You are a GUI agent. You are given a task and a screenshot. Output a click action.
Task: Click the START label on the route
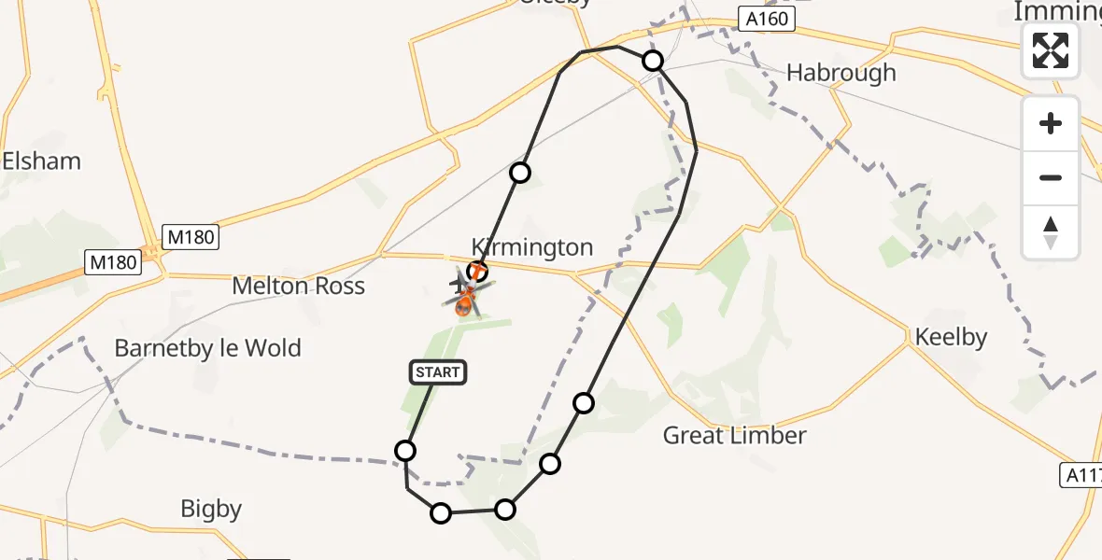[x=438, y=373]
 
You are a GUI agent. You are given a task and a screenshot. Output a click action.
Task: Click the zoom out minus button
[x=1051, y=177]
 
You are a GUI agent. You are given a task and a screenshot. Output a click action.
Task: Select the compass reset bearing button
[x=1051, y=232]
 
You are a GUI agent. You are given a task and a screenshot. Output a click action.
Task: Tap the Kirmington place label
[x=532, y=247]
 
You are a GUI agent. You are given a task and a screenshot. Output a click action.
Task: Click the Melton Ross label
[x=299, y=287]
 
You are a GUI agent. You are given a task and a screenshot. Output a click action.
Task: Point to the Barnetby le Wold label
[x=207, y=349]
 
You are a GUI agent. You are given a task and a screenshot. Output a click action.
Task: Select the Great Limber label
[x=734, y=435]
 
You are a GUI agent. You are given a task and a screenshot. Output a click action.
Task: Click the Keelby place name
[x=952, y=337]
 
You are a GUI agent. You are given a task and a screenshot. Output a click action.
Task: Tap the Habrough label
[x=841, y=73]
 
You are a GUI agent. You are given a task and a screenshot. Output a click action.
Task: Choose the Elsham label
[x=41, y=161]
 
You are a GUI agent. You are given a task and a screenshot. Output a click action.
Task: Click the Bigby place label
[x=211, y=509]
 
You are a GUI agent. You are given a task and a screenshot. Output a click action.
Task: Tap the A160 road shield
[x=767, y=19]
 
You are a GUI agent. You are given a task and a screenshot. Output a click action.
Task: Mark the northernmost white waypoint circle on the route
[x=653, y=61]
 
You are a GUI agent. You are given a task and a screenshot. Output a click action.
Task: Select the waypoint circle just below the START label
[x=405, y=451]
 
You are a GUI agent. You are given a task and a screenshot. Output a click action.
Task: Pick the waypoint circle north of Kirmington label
[x=520, y=173]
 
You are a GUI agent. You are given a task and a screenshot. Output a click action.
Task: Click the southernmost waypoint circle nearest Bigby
[x=440, y=512]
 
